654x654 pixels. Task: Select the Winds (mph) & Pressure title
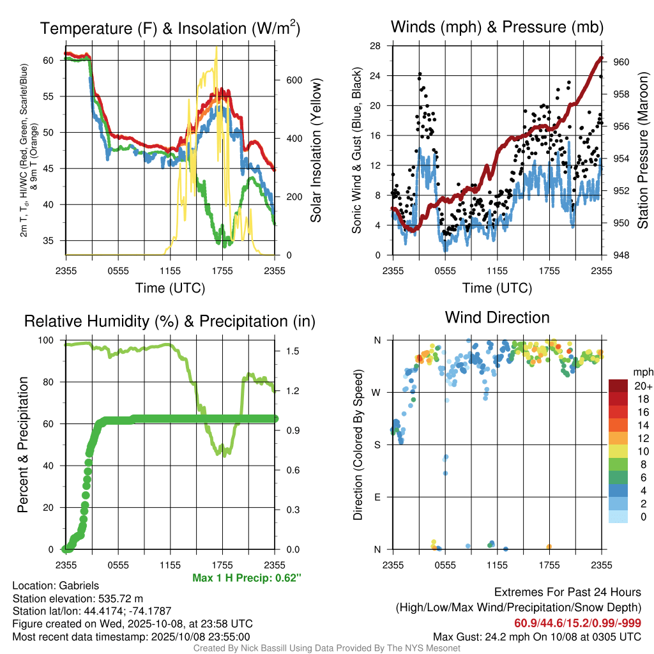click(x=497, y=27)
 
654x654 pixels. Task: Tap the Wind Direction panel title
click(x=497, y=317)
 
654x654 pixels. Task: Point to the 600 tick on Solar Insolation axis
click(x=294, y=80)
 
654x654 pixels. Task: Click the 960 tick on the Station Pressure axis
click(x=621, y=62)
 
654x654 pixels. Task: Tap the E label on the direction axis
click(x=377, y=497)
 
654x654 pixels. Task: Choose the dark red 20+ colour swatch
click(x=618, y=386)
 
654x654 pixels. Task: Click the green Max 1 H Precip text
click(x=247, y=578)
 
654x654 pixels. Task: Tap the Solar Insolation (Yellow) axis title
click(x=316, y=151)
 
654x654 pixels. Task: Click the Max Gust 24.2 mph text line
click(x=536, y=637)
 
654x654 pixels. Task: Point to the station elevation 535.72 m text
click(x=78, y=598)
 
